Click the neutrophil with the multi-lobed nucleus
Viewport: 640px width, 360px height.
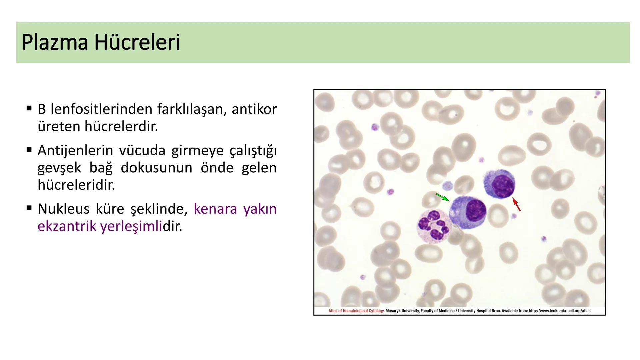tap(434, 226)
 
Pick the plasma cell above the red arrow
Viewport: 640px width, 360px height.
tap(499, 184)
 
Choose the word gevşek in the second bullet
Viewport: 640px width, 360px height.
tap(59, 168)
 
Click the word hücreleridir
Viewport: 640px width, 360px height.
tap(76, 185)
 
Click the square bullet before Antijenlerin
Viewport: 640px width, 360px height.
tap(29, 150)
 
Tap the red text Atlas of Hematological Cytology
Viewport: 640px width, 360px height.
tap(356, 311)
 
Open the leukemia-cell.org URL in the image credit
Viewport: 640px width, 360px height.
tap(560, 311)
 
